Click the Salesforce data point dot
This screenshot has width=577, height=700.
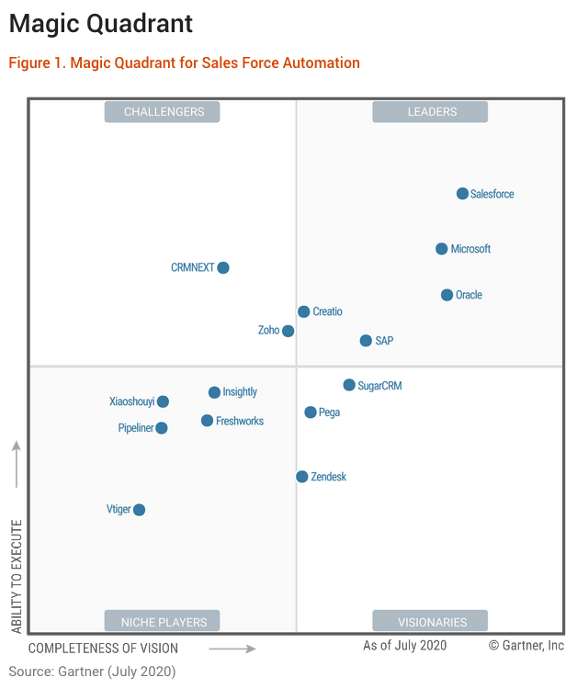click(x=462, y=194)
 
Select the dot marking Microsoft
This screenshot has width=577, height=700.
click(x=442, y=249)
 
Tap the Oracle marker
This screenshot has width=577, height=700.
click(x=447, y=295)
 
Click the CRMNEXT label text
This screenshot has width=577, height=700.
click(x=192, y=268)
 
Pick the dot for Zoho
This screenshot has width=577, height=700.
click(x=288, y=331)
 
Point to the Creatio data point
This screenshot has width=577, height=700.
click(x=303, y=312)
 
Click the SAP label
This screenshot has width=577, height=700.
click(x=384, y=341)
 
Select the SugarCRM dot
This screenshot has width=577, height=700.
click(x=349, y=386)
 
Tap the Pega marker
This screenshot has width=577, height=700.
click(x=311, y=412)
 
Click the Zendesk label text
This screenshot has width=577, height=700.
click(x=328, y=477)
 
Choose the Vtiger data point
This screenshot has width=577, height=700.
click(x=139, y=510)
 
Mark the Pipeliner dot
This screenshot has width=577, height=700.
click(x=162, y=428)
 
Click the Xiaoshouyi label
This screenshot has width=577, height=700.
click(x=131, y=401)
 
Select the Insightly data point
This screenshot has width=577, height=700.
click(x=214, y=392)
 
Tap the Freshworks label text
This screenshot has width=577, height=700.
click(x=239, y=421)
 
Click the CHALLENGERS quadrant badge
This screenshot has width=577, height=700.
click(x=162, y=112)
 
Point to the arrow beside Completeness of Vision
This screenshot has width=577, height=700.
click(x=232, y=649)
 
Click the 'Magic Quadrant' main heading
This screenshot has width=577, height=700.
click(x=101, y=23)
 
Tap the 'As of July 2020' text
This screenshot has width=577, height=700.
click(x=404, y=646)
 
